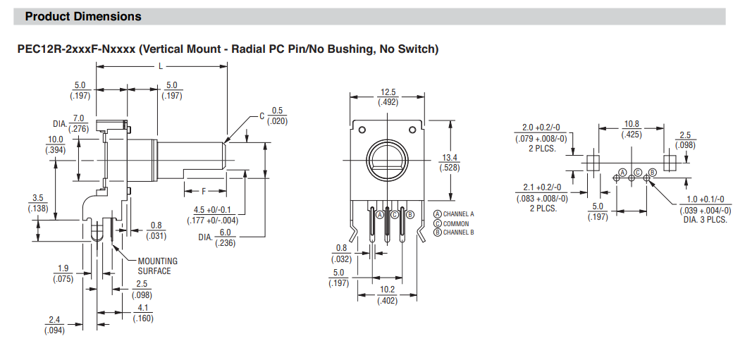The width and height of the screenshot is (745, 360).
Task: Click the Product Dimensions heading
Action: (83, 16)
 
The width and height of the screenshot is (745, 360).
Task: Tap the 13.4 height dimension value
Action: (450, 158)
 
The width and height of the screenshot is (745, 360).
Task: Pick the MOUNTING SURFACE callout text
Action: (158, 266)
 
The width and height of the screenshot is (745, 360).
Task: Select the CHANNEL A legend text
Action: (458, 213)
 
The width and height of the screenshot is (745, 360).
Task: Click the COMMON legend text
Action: (455, 223)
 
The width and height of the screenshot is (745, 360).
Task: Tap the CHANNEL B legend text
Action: (458, 232)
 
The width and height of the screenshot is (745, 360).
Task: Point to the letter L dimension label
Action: (161, 66)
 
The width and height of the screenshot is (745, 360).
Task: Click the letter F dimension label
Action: (204, 191)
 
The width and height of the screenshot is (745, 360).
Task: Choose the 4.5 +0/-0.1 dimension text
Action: (216, 209)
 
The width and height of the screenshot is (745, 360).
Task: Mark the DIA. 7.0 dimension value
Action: (78, 118)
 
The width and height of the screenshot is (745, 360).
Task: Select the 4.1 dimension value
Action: (142, 308)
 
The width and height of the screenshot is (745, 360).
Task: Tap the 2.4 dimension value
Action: (55, 320)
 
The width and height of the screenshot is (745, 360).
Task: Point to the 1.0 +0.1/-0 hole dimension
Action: (703, 201)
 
